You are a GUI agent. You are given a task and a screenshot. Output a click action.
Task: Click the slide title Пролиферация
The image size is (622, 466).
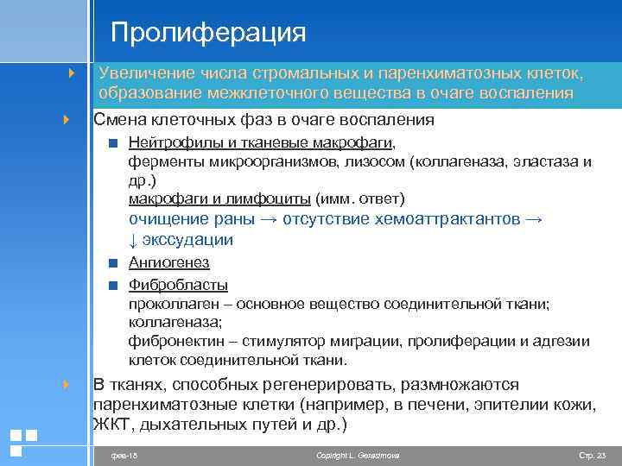point(208,33)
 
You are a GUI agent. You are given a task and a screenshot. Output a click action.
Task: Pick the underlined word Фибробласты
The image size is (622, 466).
point(178,285)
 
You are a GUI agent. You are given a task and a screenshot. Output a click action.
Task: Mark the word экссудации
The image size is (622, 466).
point(187,239)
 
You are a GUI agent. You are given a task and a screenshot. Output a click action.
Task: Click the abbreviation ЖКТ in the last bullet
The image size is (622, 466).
point(111,424)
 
